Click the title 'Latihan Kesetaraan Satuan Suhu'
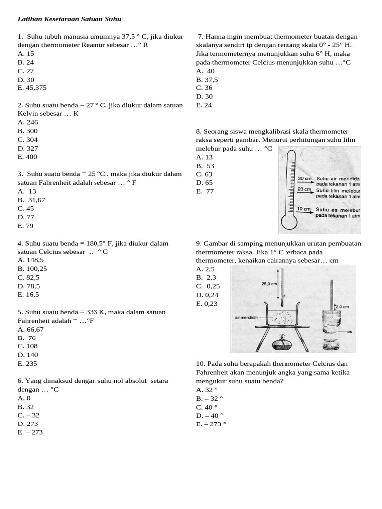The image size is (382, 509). click(x=70, y=19)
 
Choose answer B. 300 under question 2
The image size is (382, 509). click(x=28, y=131)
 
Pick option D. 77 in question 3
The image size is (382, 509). click(x=26, y=217)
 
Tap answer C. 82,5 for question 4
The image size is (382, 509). click(x=29, y=277)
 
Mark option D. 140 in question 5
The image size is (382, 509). click(x=27, y=355)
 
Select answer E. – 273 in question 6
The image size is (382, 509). click(x=30, y=432)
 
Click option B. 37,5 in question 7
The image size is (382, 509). click(x=207, y=80)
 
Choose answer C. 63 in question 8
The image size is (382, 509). click(x=204, y=174)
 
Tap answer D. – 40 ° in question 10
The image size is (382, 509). click(x=210, y=416)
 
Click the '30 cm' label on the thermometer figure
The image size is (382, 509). click(x=304, y=178)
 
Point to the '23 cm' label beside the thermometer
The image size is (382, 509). click(x=304, y=189)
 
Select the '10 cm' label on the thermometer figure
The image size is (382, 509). click(x=304, y=209)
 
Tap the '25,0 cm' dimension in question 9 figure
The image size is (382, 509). click(x=269, y=284)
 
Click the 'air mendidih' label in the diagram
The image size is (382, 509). click(x=246, y=317)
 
